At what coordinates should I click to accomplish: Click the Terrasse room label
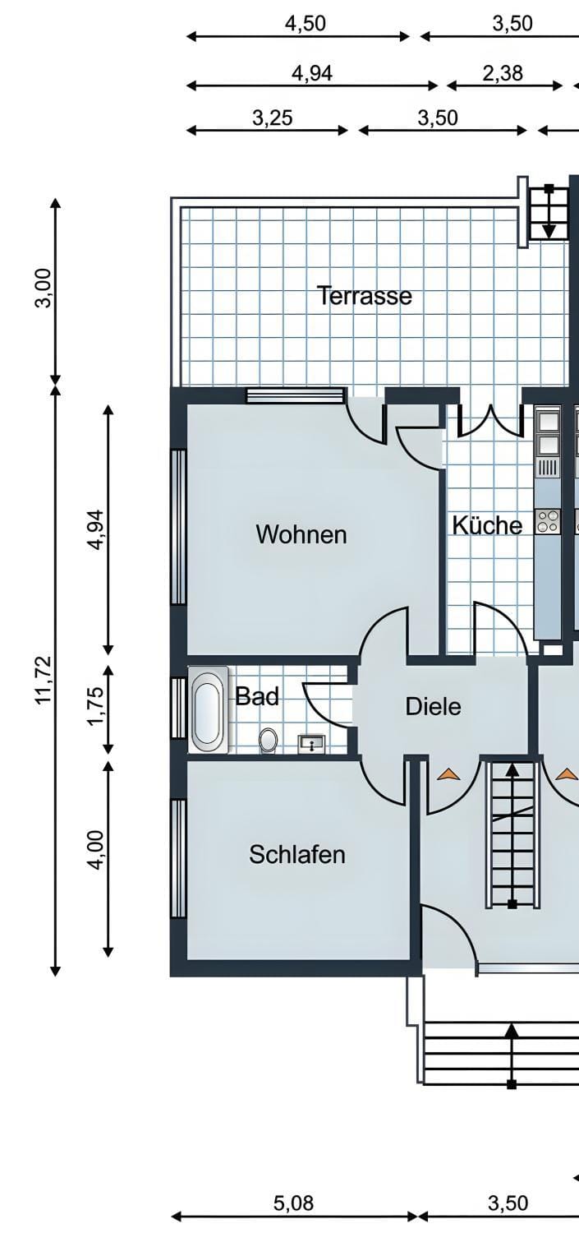coord(365,296)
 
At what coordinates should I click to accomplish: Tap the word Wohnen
coord(301,534)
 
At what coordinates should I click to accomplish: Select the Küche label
coord(487,525)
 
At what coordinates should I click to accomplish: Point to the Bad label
coord(257,696)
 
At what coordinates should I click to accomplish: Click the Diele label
coord(434,707)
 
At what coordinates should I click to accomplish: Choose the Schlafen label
coord(297,854)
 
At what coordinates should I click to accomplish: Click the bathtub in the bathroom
coord(209,709)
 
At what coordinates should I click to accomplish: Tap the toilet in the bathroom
coord(269,740)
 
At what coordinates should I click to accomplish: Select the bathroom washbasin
coord(312,744)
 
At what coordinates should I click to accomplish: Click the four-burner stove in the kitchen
coord(549,521)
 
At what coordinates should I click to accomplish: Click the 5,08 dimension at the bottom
coord(294,1203)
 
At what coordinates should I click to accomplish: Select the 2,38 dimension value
coord(503,72)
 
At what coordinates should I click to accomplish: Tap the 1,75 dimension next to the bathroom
coord(95,707)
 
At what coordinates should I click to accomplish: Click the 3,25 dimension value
coord(273,118)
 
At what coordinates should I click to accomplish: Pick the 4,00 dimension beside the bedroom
coord(95,850)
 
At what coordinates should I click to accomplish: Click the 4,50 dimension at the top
coord(306,24)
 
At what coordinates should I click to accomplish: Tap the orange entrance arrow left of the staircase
coord(449,774)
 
